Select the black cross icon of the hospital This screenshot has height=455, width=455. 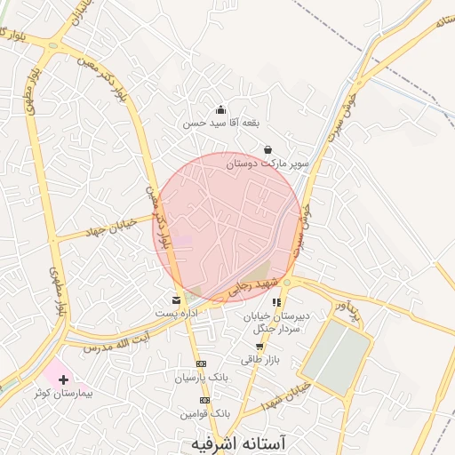coord(62,379)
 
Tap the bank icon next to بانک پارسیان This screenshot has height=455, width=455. coord(201,363)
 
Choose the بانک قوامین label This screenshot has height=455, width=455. coord(205,413)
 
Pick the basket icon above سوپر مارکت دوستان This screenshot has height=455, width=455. coord(267,149)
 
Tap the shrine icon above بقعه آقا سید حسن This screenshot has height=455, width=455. coord(220,109)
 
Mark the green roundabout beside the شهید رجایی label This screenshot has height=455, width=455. coord(286,283)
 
